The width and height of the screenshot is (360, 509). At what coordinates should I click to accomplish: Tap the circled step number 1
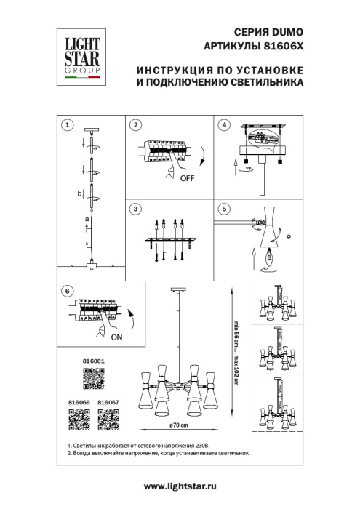point(67,125)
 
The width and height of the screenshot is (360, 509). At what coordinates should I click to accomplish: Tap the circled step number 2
point(135,125)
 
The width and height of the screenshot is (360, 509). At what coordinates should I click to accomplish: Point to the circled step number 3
point(135,209)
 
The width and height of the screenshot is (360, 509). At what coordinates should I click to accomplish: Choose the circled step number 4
point(225,125)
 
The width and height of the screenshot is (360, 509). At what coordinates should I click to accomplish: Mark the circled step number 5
point(225,209)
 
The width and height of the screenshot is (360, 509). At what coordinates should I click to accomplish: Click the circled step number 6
point(67,291)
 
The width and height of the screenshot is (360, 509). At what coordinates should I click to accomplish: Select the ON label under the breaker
point(116,337)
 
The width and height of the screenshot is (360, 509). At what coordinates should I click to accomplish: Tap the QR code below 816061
point(92,379)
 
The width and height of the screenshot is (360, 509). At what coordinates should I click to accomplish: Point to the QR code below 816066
point(79,420)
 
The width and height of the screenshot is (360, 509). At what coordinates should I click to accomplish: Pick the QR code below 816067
point(108,420)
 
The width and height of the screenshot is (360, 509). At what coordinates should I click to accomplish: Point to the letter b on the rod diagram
point(81,193)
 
